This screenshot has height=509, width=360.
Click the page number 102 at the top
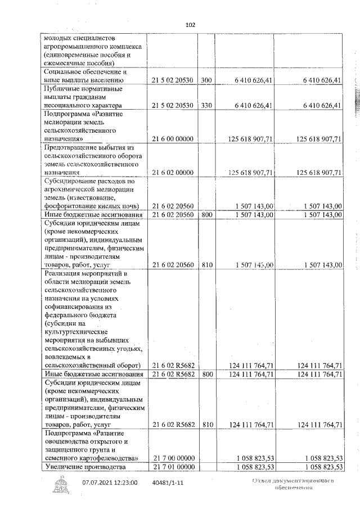(x=190, y=25)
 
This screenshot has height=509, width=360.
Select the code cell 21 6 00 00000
(x=173, y=139)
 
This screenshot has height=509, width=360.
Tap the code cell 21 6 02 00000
(x=173, y=173)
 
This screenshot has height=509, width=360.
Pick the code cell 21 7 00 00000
(x=173, y=458)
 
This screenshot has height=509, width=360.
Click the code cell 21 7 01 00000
(x=173, y=467)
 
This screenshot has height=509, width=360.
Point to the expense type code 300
(x=206, y=80)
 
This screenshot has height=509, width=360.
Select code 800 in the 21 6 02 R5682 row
(x=206, y=374)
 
